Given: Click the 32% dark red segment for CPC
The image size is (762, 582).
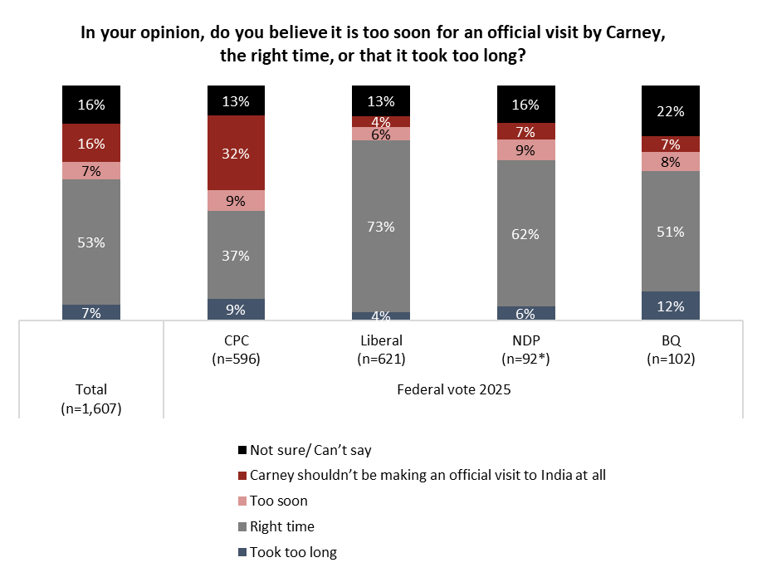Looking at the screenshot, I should point(236,153).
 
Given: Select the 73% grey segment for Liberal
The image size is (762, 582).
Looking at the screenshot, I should point(381,226).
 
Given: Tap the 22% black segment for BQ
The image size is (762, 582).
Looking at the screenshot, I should point(671,111).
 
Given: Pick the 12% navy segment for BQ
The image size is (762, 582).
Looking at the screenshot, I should point(671,306).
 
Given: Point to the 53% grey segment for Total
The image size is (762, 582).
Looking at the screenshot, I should point(91,242).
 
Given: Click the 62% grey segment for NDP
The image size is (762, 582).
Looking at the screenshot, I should point(526,233).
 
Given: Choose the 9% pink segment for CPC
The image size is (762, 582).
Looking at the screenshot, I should point(236,200).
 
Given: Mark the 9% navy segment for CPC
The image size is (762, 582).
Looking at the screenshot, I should point(236,310).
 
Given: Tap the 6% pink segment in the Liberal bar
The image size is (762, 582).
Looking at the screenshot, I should point(381,134).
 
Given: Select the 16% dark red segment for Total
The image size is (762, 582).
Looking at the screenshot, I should point(91,144).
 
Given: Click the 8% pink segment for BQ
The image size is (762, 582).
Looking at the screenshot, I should point(671,162).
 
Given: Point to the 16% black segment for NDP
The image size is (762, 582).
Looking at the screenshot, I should point(526,105).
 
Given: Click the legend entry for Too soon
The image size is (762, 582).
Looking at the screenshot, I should point(278,501).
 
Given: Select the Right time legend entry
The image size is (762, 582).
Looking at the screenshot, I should point(281,526).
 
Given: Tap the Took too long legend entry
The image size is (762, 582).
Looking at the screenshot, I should point(293,552).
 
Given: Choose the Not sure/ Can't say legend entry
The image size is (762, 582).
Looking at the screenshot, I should point(310,450).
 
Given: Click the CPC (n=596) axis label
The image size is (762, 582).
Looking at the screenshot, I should point(236,350).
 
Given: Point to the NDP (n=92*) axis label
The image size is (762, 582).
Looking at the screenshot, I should point(526,350).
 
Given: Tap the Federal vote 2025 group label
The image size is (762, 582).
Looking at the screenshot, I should point(453,389).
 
